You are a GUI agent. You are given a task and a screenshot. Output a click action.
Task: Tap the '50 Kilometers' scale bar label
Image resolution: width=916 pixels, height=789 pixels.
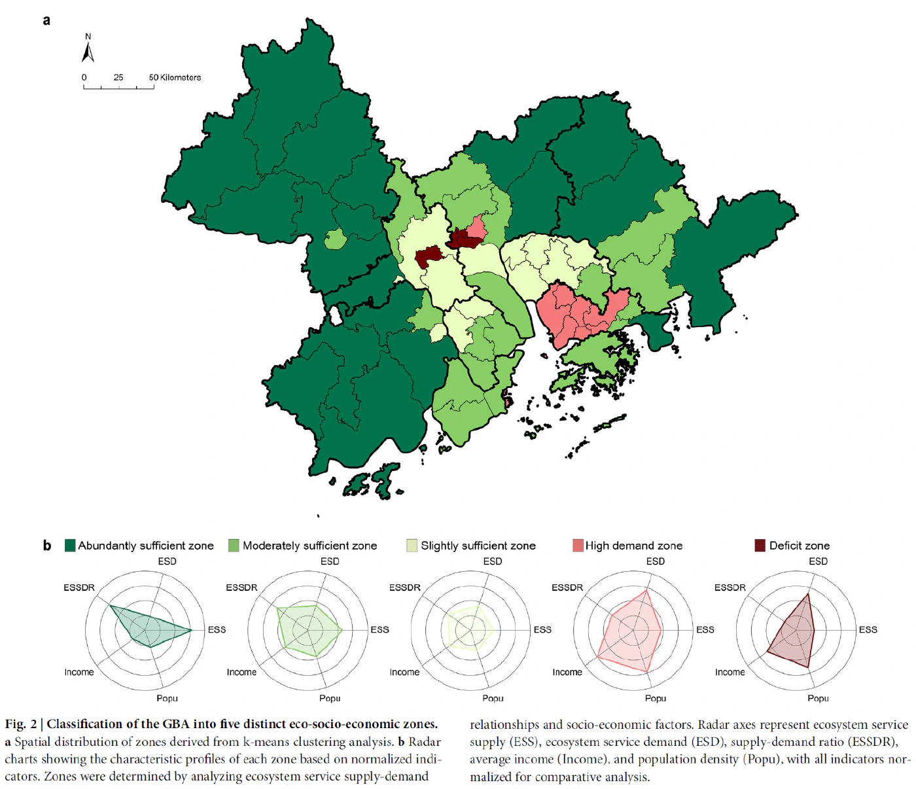175,77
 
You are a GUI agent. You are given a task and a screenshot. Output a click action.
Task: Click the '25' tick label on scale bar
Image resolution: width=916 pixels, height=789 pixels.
118,77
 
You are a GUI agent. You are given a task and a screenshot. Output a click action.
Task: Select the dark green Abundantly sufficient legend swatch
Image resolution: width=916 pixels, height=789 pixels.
70,546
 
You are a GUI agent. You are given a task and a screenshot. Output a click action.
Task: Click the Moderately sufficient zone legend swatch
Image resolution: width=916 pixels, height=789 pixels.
234,546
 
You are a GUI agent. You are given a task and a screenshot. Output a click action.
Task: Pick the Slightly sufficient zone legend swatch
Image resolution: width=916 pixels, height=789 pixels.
412,546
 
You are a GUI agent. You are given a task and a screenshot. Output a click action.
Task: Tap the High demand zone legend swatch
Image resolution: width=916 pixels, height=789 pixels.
578,546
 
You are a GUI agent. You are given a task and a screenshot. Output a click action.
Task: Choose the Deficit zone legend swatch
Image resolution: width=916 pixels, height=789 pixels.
760,546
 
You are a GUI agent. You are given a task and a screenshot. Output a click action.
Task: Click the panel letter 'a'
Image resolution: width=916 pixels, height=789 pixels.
46,20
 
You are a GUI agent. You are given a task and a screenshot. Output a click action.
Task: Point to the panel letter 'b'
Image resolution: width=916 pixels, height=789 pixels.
47,546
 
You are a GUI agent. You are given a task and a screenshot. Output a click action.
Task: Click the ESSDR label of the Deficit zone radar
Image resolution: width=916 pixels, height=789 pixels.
730,587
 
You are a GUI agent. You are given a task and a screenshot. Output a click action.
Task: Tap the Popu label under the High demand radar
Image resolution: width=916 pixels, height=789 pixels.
655,698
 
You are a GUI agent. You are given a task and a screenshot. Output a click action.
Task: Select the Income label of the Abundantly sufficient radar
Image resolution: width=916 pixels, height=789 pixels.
79,672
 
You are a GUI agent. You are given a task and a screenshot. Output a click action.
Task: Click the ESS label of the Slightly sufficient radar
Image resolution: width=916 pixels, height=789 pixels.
542,629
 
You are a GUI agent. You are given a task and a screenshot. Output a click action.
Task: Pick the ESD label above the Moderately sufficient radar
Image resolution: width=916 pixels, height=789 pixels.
330,561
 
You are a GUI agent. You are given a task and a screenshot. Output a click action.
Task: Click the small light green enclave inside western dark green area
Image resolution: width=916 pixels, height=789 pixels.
335,239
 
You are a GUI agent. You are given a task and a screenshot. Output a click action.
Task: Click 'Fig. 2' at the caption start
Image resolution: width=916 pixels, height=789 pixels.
21,724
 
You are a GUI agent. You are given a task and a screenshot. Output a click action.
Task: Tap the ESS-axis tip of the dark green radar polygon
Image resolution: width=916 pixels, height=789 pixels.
192,630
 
